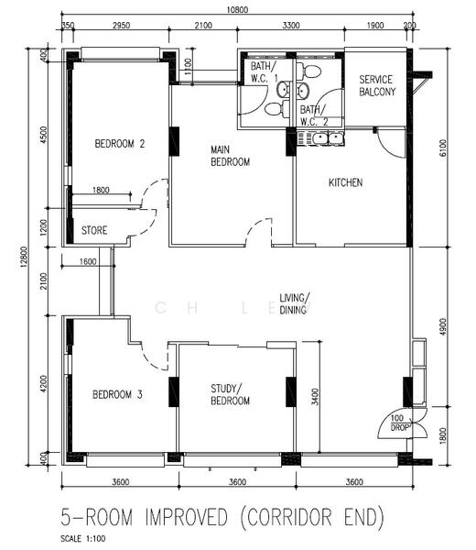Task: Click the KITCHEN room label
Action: pos(345,182)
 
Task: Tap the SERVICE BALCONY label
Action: pos(377,85)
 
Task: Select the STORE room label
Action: pos(94,230)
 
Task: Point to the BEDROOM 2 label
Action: pos(119,144)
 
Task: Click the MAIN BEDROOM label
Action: pos(230,156)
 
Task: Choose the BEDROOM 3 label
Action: pos(117,394)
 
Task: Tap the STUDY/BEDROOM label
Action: pos(230,394)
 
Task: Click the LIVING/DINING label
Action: pos(294,303)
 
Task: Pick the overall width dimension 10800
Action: pos(237,9)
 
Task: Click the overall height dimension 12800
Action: pos(24,258)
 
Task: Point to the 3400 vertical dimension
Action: pos(315,397)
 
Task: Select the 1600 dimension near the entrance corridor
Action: pos(88,261)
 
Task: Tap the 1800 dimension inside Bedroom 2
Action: pos(101,190)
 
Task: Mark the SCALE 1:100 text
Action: pos(83,539)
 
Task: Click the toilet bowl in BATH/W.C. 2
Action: pos(310,71)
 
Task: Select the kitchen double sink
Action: pos(329,138)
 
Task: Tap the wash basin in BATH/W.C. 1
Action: pos(283,90)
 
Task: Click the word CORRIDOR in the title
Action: pos(289,517)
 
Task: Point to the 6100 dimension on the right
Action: pos(443,148)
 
